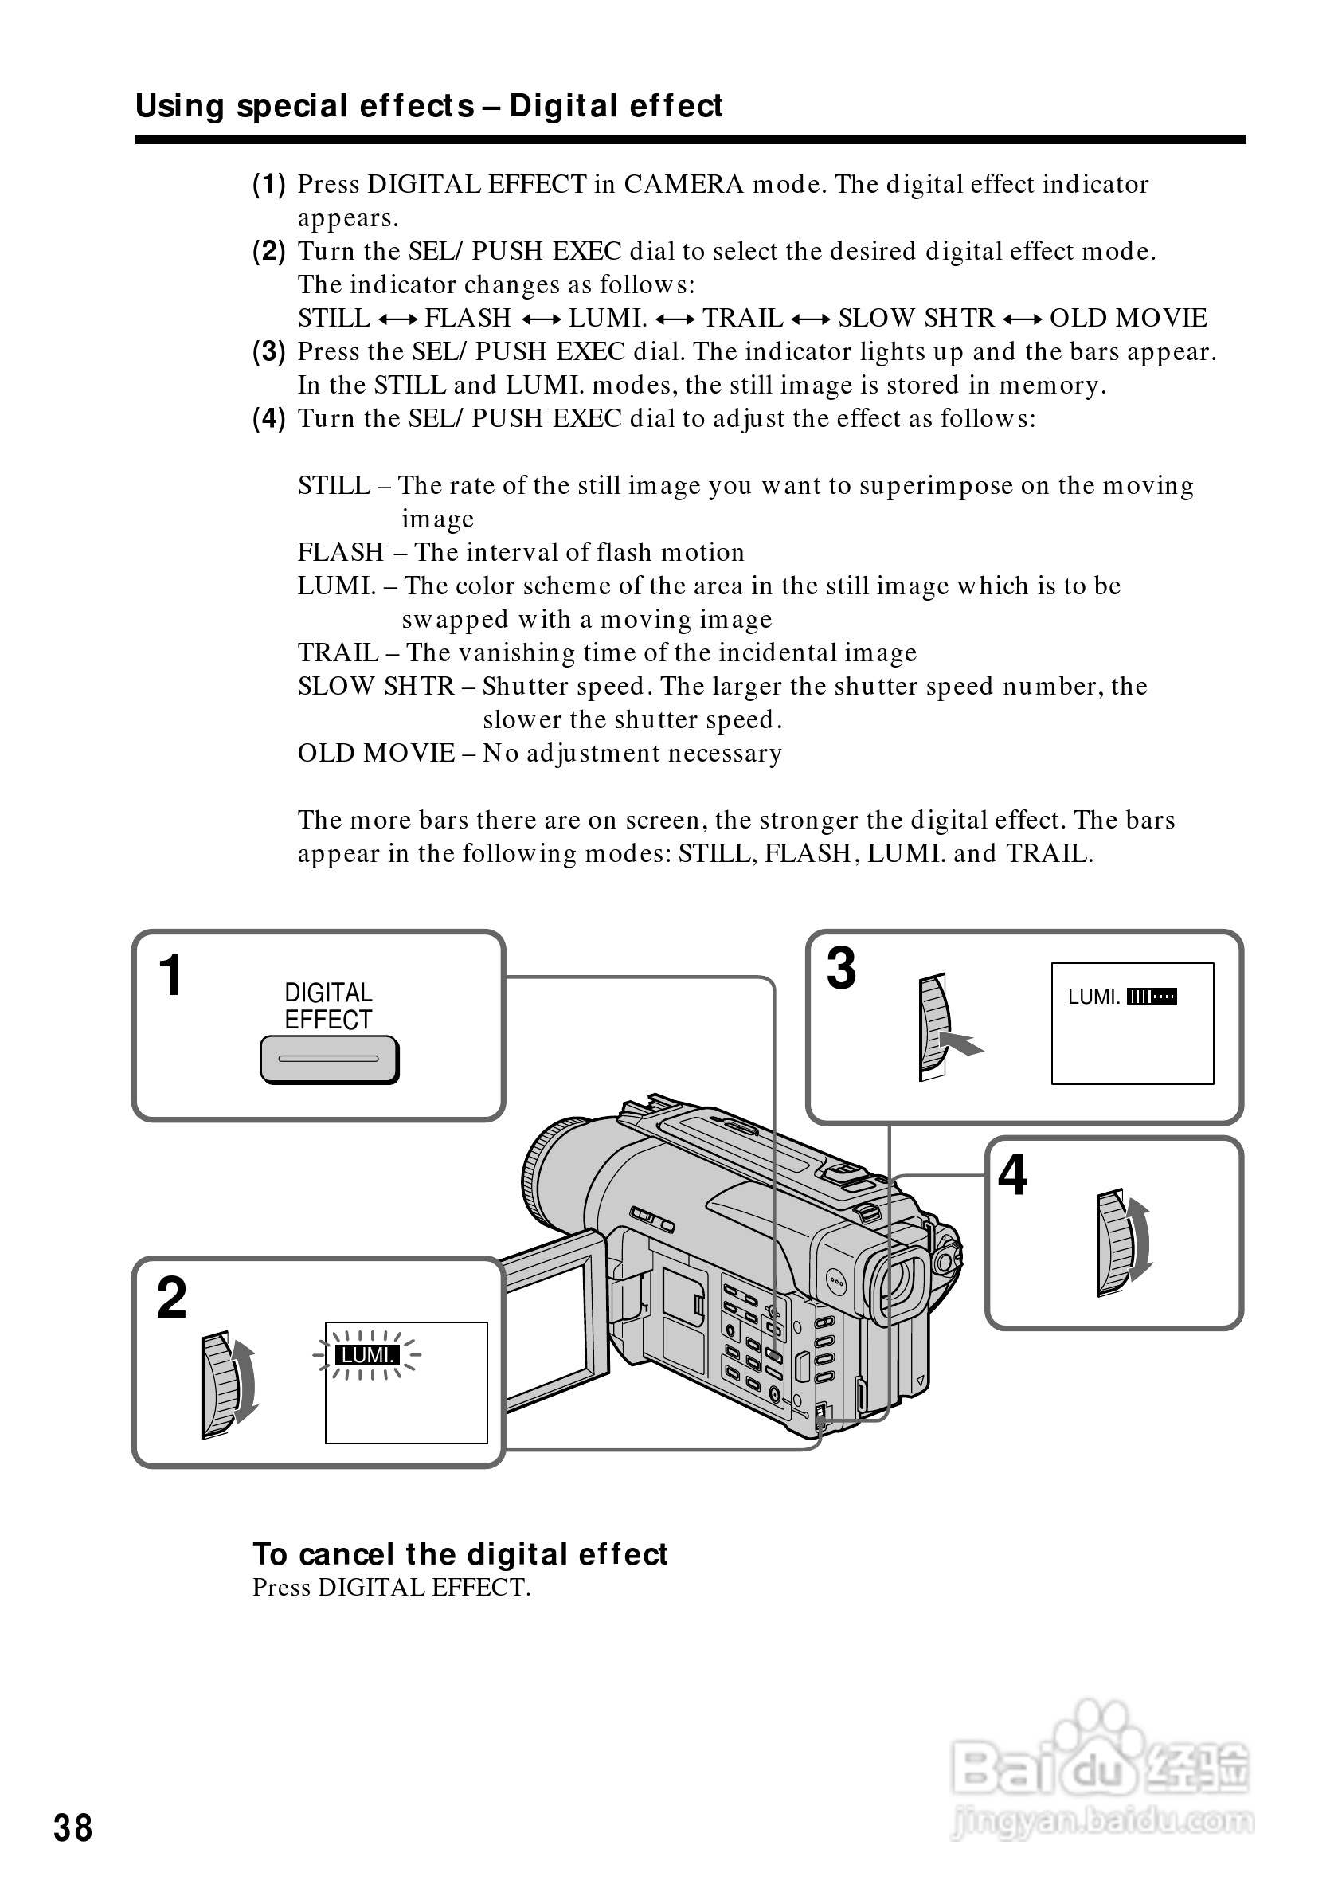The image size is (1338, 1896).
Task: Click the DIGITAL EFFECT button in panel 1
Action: [x=328, y=1059]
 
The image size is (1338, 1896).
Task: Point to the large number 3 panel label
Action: [x=841, y=968]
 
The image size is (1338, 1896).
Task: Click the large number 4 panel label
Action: [x=1012, y=1174]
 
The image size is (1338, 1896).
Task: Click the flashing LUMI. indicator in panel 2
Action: [x=366, y=1355]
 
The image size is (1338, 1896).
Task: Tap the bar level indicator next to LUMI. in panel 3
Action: [x=1152, y=997]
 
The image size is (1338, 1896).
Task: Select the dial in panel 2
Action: [x=220, y=1385]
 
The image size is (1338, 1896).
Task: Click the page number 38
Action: [x=73, y=1828]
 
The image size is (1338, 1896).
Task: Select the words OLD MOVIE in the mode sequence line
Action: [x=1128, y=318]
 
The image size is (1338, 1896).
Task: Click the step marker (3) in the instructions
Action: [x=269, y=352]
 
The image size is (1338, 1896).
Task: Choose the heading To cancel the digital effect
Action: [x=460, y=1554]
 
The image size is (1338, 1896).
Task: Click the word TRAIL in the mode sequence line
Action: [x=742, y=318]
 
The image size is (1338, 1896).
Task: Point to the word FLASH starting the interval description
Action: [x=341, y=551]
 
